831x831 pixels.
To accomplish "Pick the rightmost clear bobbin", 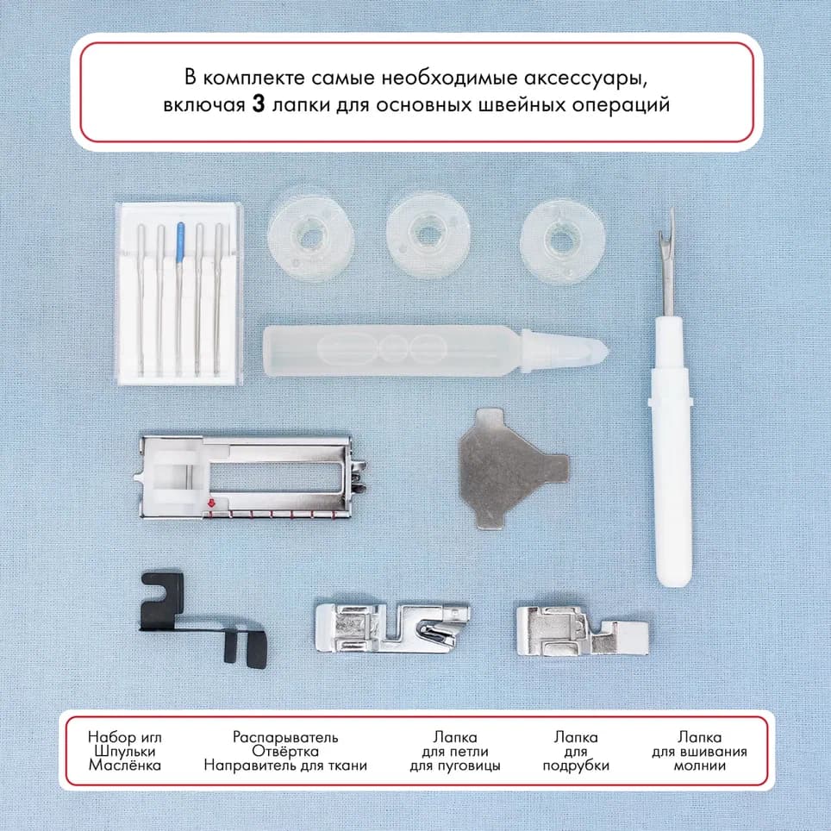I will pyautogui.click(x=559, y=237).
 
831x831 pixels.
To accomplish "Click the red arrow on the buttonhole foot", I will pyautogui.click(x=209, y=503).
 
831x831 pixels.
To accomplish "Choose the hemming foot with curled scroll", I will pyautogui.click(x=392, y=624).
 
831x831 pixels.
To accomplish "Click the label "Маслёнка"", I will pyautogui.click(x=124, y=765).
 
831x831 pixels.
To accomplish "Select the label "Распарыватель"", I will pyautogui.click(x=285, y=737).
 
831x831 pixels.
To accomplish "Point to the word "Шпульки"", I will pyautogui.click(x=124, y=751).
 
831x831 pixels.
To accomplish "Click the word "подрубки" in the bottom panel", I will pyautogui.click(x=576, y=765).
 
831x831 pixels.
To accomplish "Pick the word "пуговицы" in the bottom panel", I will pyautogui.click(x=455, y=765).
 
